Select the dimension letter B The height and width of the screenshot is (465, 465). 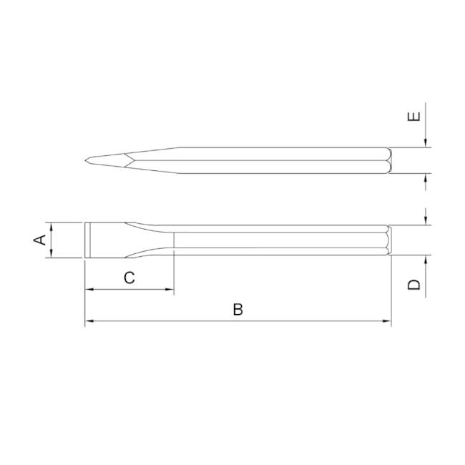point(238,309)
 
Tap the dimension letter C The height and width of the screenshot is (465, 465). point(129,278)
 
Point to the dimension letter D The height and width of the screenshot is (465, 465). point(414,284)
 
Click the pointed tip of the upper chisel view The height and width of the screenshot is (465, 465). point(84,160)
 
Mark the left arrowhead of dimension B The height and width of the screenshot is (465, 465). point(88,323)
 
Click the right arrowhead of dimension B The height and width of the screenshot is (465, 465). point(388,323)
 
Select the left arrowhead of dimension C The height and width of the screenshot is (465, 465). point(88,290)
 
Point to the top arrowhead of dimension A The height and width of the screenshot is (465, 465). point(53,227)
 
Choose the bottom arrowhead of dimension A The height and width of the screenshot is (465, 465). point(53,254)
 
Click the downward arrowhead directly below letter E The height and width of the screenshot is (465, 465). point(426,145)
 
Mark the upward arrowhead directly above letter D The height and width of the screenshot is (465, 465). point(426,260)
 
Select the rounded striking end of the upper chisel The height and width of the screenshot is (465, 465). point(389,160)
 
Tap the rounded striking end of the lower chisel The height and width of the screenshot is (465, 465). point(389,240)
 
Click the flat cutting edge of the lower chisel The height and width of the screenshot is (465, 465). point(86,240)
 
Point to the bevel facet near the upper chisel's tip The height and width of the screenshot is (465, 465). point(114,160)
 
